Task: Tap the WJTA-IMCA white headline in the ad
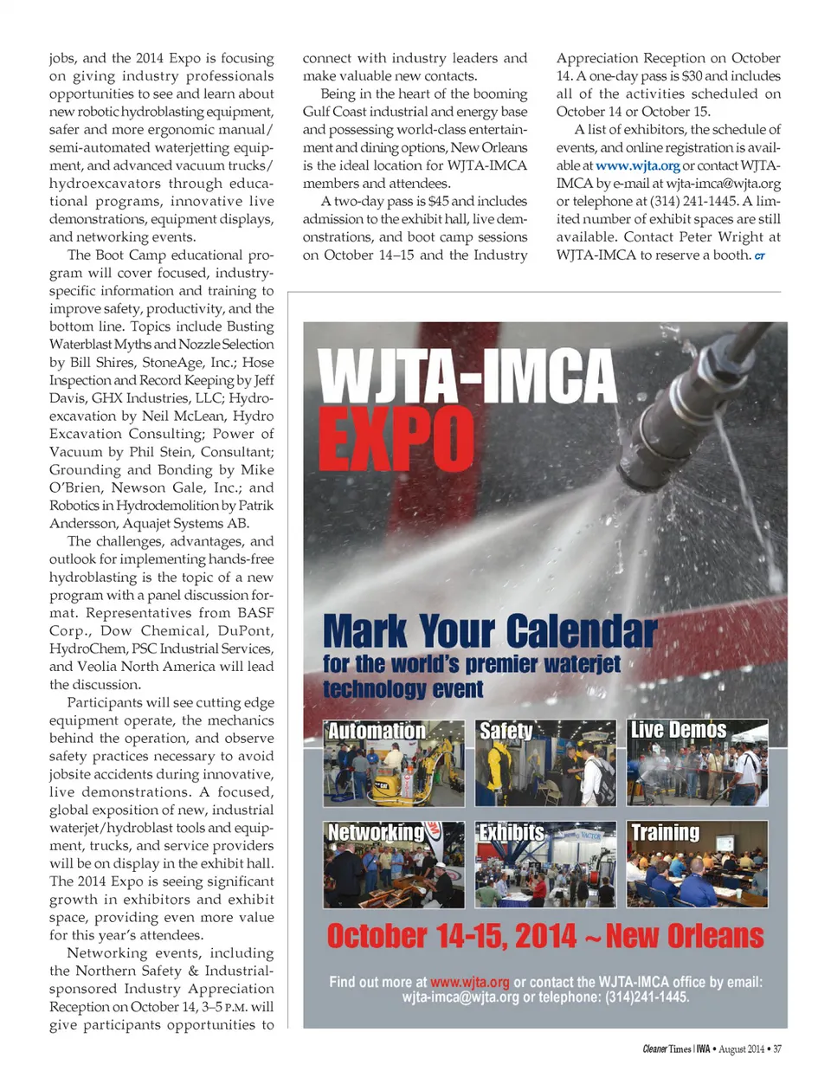pyautogui.click(x=467, y=375)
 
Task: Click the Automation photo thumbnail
pyautogui.click(x=394, y=764)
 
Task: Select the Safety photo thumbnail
pyautogui.click(x=545, y=764)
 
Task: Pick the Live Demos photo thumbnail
pyautogui.click(x=697, y=764)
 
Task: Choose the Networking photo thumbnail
pyautogui.click(x=394, y=865)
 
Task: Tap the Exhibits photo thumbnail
pyautogui.click(x=545, y=865)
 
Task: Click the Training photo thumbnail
pyautogui.click(x=697, y=865)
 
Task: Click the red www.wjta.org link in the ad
pyautogui.click(x=470, y=982)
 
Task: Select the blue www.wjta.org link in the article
pyautogui.click(x=637, y=165)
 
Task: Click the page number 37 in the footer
pyautogui.click(x=777, y=1049)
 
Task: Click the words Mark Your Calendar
pyautogui.click(x=490, y=631)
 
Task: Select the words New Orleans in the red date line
pyautogui.click(x=685, y=936)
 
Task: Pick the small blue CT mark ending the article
pyautogui.click(x=759, y=256)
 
